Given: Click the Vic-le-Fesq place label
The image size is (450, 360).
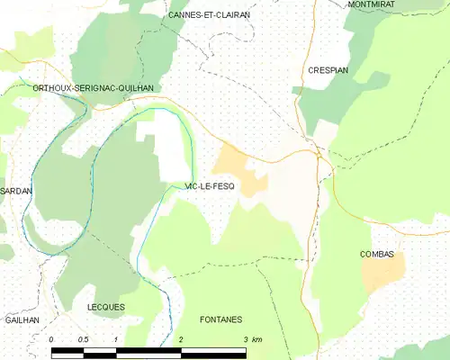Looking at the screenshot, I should (209, 185).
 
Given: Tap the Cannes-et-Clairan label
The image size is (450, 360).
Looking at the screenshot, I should (210, 15).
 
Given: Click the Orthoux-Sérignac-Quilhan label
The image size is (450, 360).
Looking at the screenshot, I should (93, 87).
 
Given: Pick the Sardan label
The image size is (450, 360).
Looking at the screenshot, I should (16, 192).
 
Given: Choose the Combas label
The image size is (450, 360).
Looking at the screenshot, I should (377, 255).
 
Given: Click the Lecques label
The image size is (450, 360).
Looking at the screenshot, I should (105, 307).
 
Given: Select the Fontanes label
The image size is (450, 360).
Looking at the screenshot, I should (220, 319).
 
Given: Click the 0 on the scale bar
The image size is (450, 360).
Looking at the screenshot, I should (51, 339).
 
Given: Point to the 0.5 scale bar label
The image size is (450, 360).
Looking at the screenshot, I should (83, 339).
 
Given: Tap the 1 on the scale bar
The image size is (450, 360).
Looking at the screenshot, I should (116, 339).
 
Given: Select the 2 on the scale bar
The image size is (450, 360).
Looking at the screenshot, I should (181, 339).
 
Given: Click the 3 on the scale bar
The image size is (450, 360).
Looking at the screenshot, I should (246, 339).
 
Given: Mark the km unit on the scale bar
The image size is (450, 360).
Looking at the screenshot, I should (257, 339).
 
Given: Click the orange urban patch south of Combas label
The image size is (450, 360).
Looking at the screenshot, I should (382, 275).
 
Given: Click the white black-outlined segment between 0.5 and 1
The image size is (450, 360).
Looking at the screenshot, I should (100, 349).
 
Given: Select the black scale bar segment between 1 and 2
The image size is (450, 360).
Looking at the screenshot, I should (148, 349).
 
